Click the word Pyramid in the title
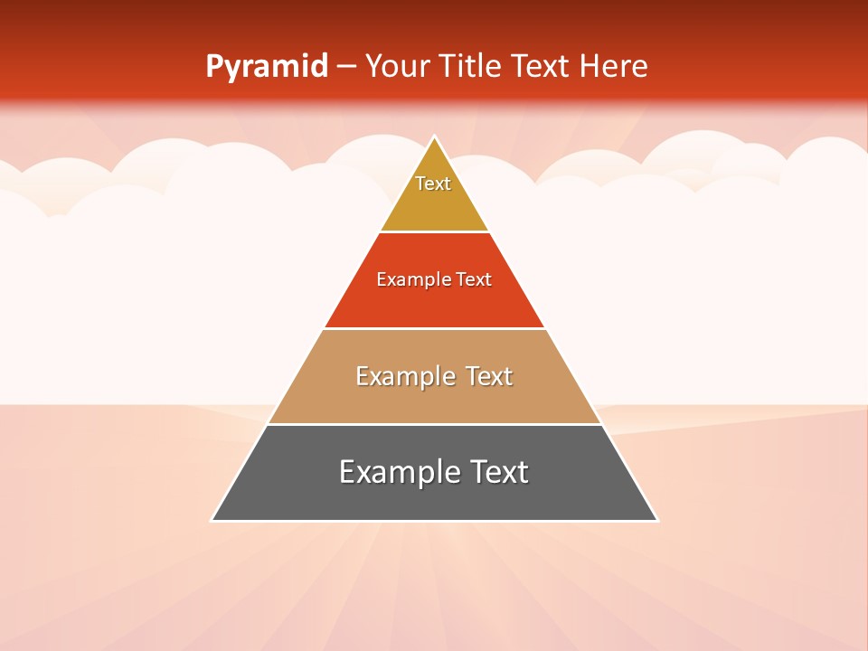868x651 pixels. pyautogui.click(x=266, y=67)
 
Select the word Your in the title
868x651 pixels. pyautogui.click(x=397, y=67)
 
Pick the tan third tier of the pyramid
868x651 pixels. pyautogui.click(x=434, y=398)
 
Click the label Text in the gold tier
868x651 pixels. pyautogui.click(x=433, y=184)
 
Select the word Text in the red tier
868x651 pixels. pyautogui.click(x=474, y=280)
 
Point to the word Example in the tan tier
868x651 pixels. pyautogui.click(x=404, y=376)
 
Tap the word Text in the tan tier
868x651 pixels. pyautogui.click(x=489, y=376)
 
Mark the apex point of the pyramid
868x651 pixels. pyautogui.click(x=435, y=137)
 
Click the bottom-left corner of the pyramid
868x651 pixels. pyautogui.click(x=212, y=520)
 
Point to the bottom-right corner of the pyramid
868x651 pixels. pyautogui.click(x=656, y=520)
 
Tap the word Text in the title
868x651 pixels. pyautogui.click(x=540, y=67)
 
